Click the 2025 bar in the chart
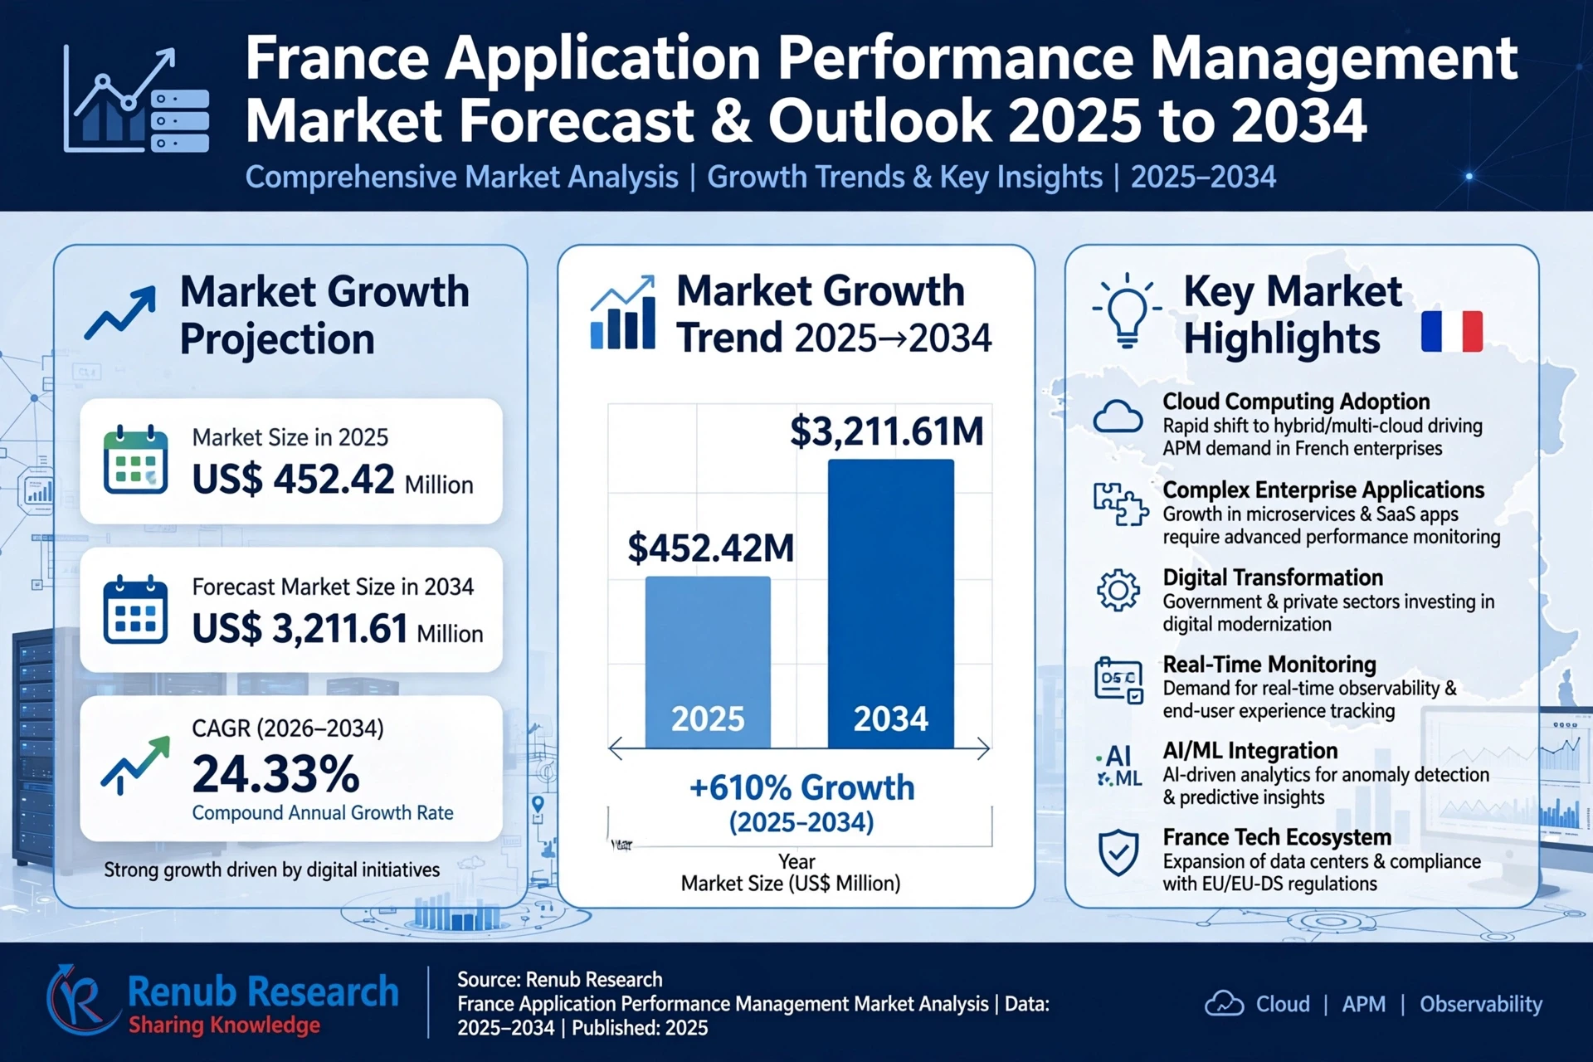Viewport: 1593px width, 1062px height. coord(708,662)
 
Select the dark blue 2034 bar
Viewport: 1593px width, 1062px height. coord(891,604)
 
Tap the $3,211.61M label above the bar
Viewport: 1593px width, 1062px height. coord(886,431)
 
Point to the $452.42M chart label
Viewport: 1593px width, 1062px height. coord(710,548)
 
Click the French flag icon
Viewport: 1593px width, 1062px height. coord(1452,332)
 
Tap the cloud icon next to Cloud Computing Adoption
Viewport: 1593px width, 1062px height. coord(1118,417)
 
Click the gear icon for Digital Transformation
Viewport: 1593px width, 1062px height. coord(1118,590)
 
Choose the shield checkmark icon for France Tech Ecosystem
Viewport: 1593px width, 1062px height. coord(1118,852)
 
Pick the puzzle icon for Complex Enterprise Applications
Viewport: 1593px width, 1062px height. coord(1120,504)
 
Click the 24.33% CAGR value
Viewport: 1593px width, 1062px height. coord(275,774)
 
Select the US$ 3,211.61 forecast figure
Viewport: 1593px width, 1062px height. coord(300,629)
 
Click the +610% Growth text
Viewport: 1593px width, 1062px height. coord(801,787)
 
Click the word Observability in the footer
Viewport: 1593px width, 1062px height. coord(1481,1004)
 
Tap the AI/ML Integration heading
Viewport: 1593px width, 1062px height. coord(1250,750)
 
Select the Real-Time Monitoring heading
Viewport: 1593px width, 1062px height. coord(1269,664)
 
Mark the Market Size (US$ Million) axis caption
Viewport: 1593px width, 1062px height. coord(791,883)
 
